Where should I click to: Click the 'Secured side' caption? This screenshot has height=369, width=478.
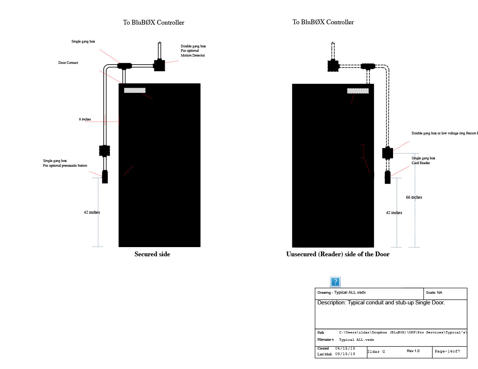(x=152, y=254)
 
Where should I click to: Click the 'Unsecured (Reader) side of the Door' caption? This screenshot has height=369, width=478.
(x=338, y=254)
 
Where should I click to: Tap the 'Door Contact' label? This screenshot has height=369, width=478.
(x=68, y=63)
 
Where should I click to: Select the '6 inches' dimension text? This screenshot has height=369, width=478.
(x=85, y=119)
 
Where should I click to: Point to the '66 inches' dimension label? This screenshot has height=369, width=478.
(x=414, y=197)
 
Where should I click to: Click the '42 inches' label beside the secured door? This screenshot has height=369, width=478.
(x=92, y=212)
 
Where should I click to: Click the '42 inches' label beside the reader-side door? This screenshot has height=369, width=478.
(x=394, y=213)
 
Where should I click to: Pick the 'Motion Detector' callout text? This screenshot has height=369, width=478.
(x=193, y=55)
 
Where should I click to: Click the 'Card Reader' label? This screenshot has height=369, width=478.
(x=421, y=163)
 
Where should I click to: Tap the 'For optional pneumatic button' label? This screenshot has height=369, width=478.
(x=65, y=166)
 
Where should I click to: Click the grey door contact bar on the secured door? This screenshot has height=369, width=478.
(x=135, y=90)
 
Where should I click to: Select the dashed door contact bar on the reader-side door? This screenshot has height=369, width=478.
(x=358, y=91)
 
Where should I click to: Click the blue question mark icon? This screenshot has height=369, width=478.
(x=335, y=282)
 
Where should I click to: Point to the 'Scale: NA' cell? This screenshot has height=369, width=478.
(x=434, y=293)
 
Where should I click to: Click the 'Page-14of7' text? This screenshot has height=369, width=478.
(x=447, y=351)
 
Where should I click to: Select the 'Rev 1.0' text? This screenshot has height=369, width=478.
(x=413, y=351)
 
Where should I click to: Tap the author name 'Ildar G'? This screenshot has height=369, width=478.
(x=376, y=352)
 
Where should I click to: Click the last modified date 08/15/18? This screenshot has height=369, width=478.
(x=345, y=354)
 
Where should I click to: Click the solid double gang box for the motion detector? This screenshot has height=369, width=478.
(x=159, y=65)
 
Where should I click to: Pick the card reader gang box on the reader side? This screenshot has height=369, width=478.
(x=388, y=177)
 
